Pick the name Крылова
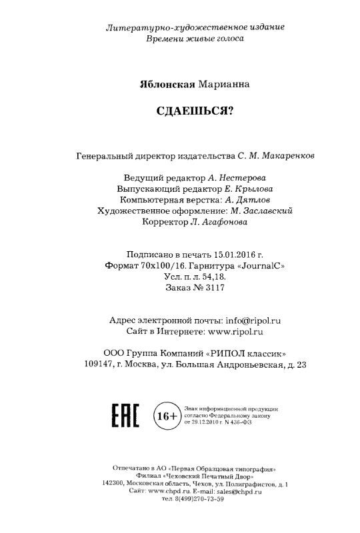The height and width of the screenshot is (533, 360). click(x=252, y=189)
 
